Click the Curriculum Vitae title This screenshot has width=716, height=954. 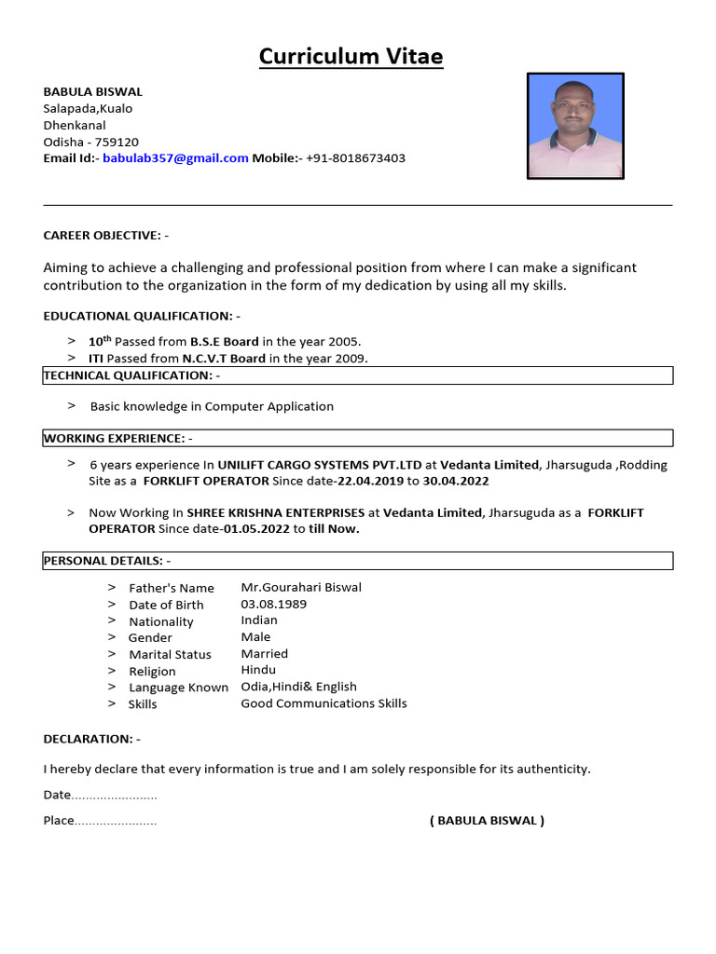point(351,57)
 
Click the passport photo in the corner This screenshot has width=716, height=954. point(575,126)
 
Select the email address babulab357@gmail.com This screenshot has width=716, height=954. point(175,158)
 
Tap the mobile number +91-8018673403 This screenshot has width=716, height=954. point(355,158)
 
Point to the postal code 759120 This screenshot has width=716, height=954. point(117,142)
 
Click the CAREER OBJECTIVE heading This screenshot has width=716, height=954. point(106,236)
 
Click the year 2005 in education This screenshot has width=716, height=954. point(341,342)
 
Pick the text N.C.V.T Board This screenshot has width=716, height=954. point(224,359)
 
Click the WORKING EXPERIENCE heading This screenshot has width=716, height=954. point(118,438)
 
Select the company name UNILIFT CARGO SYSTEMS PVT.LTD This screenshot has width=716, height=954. point(320,465)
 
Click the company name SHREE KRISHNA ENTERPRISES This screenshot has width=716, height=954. point(275,513)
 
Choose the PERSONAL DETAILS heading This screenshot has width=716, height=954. point(107,561)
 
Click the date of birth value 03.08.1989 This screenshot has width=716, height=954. point(274,604)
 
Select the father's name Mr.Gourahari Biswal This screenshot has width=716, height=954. point(301,587)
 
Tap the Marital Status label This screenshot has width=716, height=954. point(170,655)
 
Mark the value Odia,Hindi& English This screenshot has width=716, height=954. point(298,687)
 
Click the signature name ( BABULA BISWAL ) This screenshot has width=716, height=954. point(487,821)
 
